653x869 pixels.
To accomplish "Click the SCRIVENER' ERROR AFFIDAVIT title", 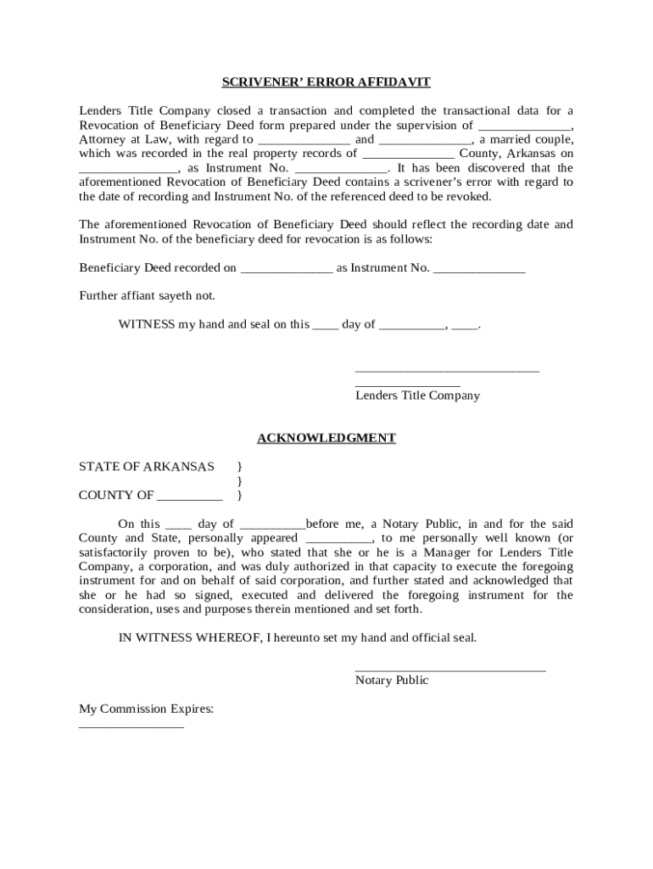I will click(326, 82).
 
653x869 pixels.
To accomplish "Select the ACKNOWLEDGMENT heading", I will click(326, 438).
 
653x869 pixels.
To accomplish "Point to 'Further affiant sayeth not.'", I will click(147, 296).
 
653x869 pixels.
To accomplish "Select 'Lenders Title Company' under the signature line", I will click(417, 395).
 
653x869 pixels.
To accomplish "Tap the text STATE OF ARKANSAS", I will click(147, 467).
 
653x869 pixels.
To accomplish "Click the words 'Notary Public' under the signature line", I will click(392, 680).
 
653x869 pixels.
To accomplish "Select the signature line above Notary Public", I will click(449, 670).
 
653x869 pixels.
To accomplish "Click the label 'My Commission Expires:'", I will click(146, 709).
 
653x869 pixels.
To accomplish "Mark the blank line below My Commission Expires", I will click(131, 726).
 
